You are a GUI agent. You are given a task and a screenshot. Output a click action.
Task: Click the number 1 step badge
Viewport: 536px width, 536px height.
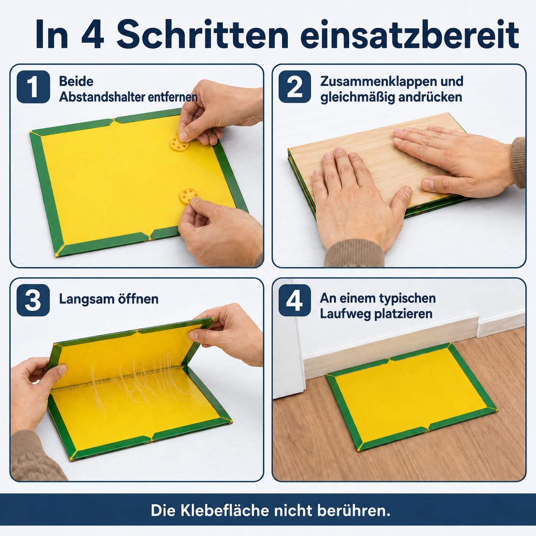click(x=33, y=87)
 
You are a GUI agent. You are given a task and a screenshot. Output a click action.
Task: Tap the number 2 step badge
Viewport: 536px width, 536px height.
click(x=295, y=87)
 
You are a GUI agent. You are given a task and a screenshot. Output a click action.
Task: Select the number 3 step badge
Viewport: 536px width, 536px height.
click(x=33, y=300)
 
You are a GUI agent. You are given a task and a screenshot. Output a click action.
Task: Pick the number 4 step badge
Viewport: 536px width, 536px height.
click(x=295, y=300)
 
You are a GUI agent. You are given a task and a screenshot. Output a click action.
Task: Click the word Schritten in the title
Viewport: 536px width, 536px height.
click(x=203, y=35)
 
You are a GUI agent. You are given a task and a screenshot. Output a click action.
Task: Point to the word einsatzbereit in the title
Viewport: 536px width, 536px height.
click(x=410, y=35)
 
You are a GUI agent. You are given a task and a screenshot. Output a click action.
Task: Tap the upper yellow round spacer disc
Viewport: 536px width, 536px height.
click(x=180, y=143)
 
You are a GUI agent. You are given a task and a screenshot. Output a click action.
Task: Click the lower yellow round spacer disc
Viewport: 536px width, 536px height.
click(x=189, y=196)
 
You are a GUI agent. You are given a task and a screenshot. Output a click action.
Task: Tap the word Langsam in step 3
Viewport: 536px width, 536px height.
click(x=84, y=299)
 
